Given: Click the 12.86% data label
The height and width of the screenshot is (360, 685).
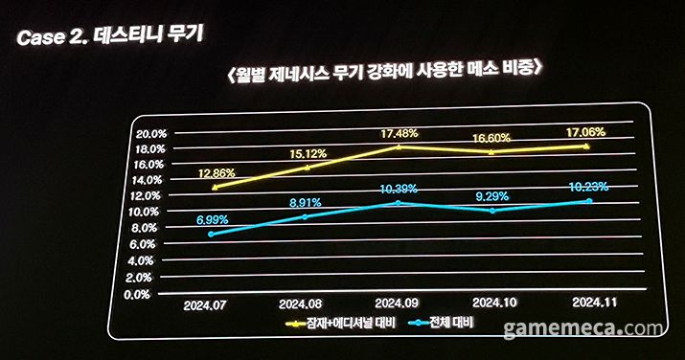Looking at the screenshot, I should [219, 174].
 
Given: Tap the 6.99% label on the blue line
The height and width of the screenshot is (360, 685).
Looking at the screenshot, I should [211, 219].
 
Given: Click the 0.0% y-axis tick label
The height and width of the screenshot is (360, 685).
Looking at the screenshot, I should [156, 294].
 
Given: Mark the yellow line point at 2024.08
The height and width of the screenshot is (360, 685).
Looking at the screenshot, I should [307, 168].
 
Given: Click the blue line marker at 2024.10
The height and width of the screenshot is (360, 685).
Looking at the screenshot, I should [493, 211].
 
